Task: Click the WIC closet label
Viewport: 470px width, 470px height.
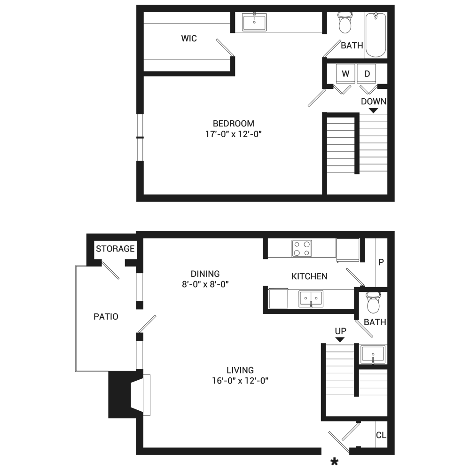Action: tap(189, 39)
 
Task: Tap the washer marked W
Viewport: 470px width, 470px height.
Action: tap(345, 74)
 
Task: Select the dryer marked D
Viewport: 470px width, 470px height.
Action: tap(367, 74)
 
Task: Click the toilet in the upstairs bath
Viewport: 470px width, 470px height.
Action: tap(345, 22)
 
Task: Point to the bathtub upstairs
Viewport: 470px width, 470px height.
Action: tap(376, 35)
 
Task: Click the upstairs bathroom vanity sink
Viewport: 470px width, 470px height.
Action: tap(254, 22)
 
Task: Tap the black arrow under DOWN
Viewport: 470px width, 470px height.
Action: tap(373, 110)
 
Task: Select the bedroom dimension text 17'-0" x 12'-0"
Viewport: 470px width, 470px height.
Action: tap(234, 134)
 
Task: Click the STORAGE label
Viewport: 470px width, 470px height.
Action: tap(115, 249)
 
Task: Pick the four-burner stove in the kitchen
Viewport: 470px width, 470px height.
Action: tap(302, 249)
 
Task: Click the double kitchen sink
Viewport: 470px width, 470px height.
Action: tap(311, 299)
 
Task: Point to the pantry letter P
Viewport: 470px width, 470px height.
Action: tap(381, 262)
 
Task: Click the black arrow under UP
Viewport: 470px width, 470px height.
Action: tap(340, 340)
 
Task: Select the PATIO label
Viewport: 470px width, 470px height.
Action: tap(106, 316)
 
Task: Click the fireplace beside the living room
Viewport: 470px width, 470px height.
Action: tap(129, 394)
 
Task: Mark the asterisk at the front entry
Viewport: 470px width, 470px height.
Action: tap(334, 462)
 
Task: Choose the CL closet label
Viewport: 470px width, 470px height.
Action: tap(381, 435)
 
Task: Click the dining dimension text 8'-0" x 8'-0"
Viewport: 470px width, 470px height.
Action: tap(205, 284)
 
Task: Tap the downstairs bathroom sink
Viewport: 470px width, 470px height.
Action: tap(373, 354)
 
